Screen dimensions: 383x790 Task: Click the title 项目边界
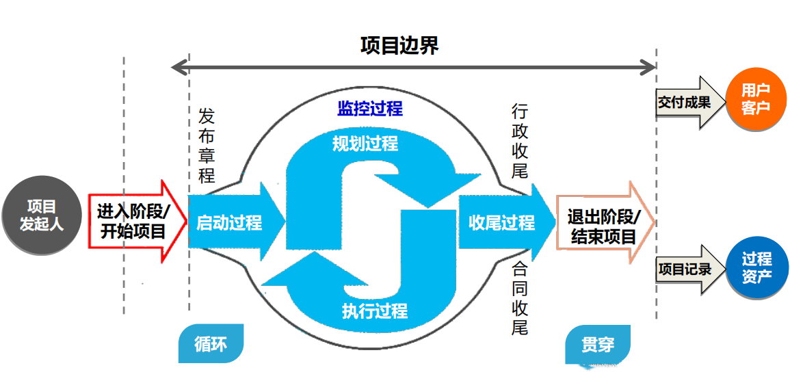coord(399,45)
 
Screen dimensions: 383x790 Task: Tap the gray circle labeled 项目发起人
coord(41,215)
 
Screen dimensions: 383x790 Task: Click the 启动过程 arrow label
coord(230,222)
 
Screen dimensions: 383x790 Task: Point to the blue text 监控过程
coord(370,108)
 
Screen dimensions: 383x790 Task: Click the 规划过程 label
coord(365,144)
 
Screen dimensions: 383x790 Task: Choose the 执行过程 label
coord(374,311)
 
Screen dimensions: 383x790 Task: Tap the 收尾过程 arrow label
coord(501,222)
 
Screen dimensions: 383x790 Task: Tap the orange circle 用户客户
coord(755,99)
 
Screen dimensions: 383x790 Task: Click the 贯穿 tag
coord(597,344)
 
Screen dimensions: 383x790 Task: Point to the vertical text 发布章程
coord(207,145)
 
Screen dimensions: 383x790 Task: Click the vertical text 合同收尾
coord(520,298)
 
